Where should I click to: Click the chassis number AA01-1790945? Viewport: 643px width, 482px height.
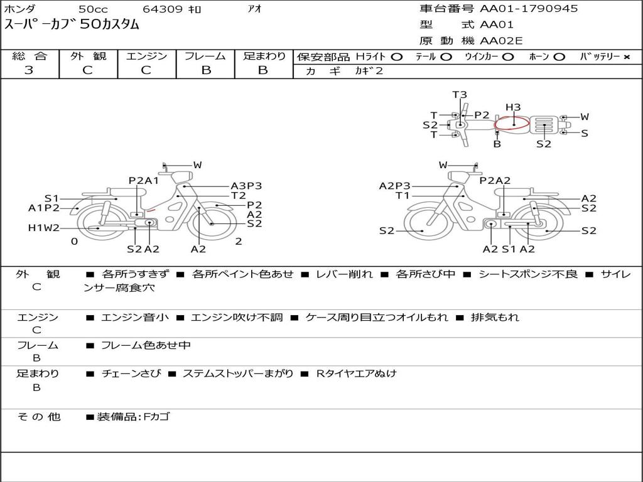click(529, 9)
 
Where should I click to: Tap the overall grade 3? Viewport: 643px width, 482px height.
click(29, 70)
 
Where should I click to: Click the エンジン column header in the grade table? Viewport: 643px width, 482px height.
click(146, 56)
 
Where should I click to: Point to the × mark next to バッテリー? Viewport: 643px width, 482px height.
click(627, 57)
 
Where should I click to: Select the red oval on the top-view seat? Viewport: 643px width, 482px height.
click(512, 122)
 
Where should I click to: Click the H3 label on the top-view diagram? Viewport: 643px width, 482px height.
click(513, 107)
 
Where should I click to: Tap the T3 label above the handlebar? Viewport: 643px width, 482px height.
click(460, 95)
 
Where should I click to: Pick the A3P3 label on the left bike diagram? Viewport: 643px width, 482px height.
click(246, 186)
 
